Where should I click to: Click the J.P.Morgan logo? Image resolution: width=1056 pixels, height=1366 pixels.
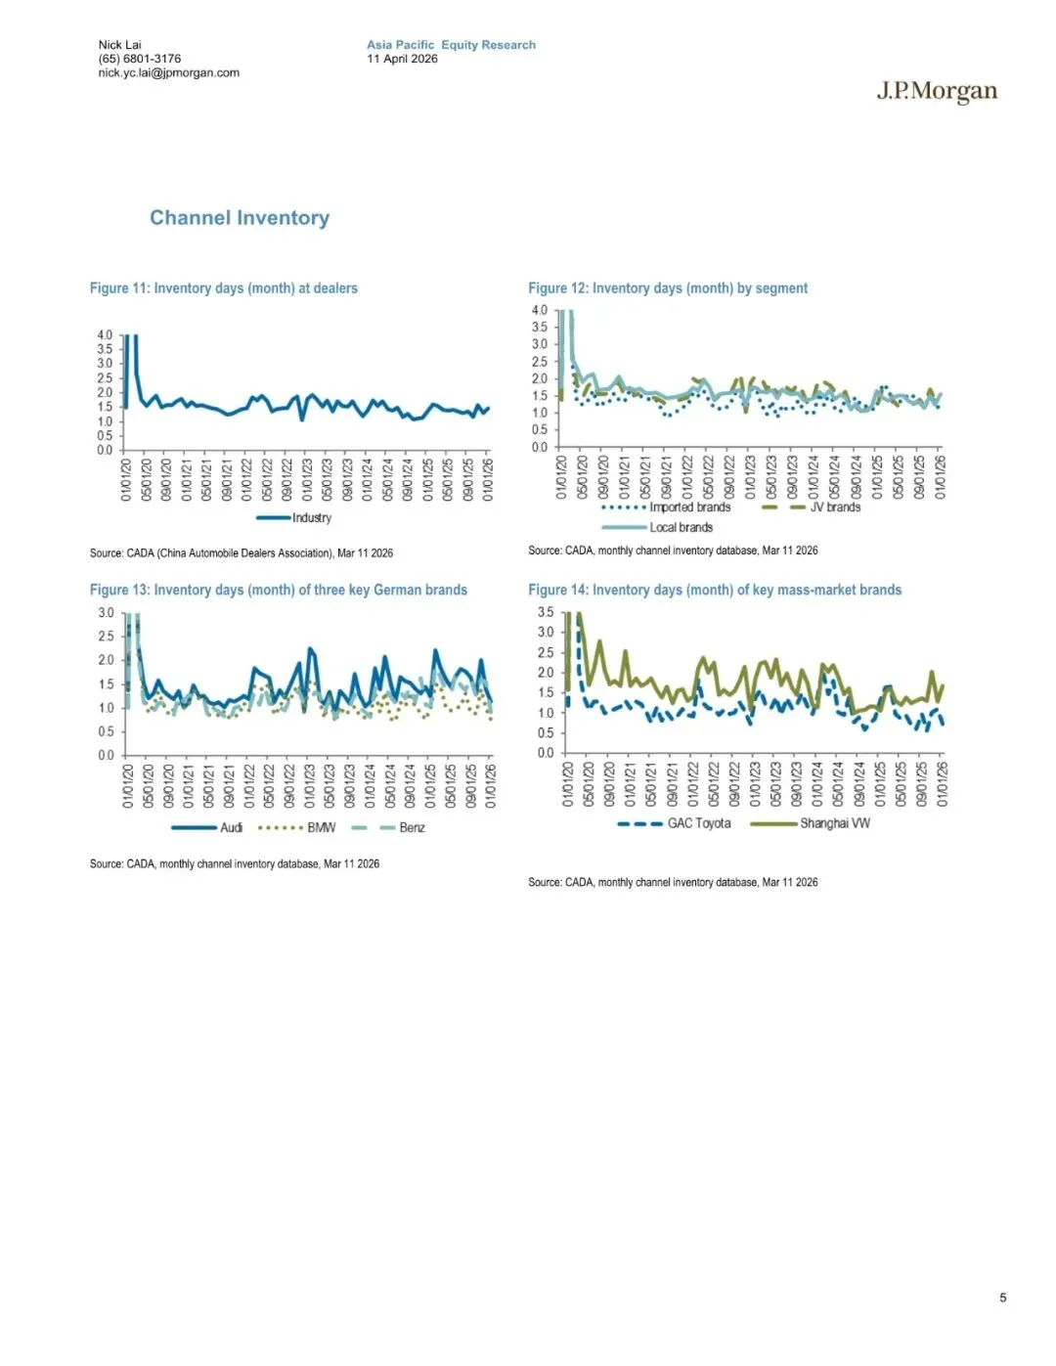tap(937, 92)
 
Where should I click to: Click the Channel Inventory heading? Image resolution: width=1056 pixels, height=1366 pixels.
tap(240, 218)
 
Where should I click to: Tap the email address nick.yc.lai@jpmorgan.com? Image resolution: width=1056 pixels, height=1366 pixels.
tap(168, 72)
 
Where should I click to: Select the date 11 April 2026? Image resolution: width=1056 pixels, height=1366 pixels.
tap(402, 59)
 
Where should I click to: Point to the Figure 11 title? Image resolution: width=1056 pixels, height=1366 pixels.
tap(223, 288)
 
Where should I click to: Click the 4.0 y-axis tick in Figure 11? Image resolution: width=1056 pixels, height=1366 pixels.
tap(105, 334)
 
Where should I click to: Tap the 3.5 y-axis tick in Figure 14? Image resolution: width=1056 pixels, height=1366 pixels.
tap(546, 612)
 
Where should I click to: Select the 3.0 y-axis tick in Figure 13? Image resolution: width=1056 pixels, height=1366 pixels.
tap(106, 613)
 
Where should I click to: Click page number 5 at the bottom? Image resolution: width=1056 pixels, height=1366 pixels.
tap(1002, 1298)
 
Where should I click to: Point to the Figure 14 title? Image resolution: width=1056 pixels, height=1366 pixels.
tap(715, 590)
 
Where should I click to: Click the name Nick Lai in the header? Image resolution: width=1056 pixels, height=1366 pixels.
tap(119, 45)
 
